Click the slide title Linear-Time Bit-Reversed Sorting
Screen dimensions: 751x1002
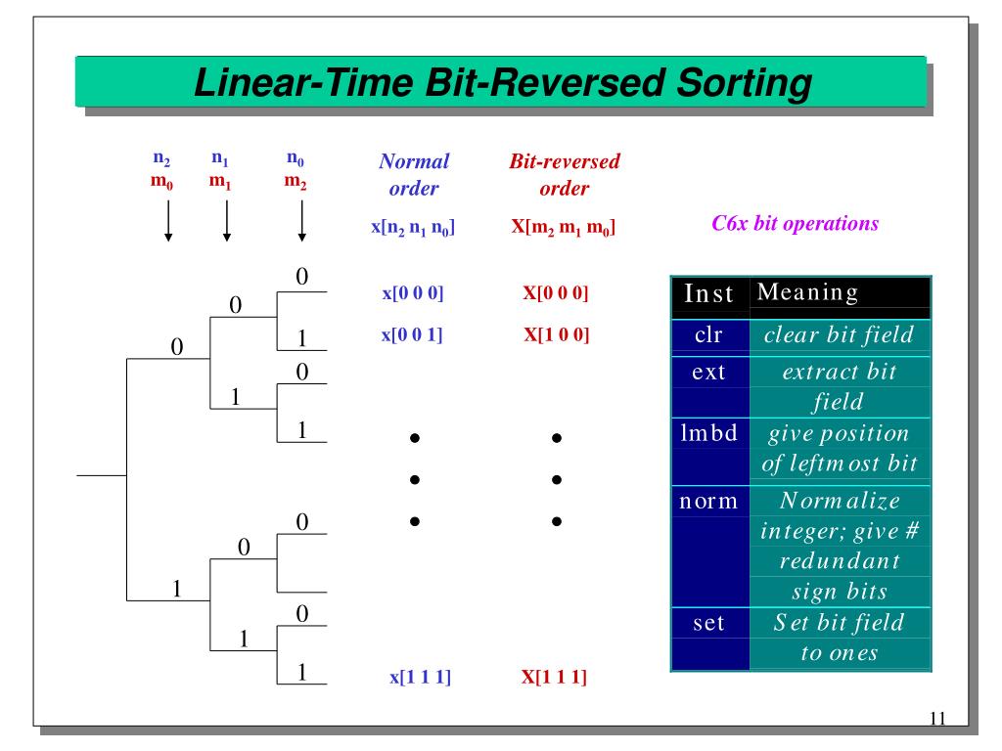pos(504,83)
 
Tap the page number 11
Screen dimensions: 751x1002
pos(937,720)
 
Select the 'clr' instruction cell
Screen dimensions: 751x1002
pos(709,335)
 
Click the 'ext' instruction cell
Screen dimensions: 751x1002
pos(709,374)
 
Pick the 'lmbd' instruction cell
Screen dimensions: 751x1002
pos(709,432)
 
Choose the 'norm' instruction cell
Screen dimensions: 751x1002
pos(709,502)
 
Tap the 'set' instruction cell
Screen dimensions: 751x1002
pos(709,622)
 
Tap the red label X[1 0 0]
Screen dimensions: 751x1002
pos(556,335)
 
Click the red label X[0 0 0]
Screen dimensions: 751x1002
pos(556,292)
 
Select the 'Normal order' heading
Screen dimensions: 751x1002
pos(414,173)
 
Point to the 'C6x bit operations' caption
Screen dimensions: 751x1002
pos(795,224)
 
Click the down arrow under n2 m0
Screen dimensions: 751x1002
pos(169,220)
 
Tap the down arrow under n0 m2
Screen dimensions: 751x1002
pos(301,220)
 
